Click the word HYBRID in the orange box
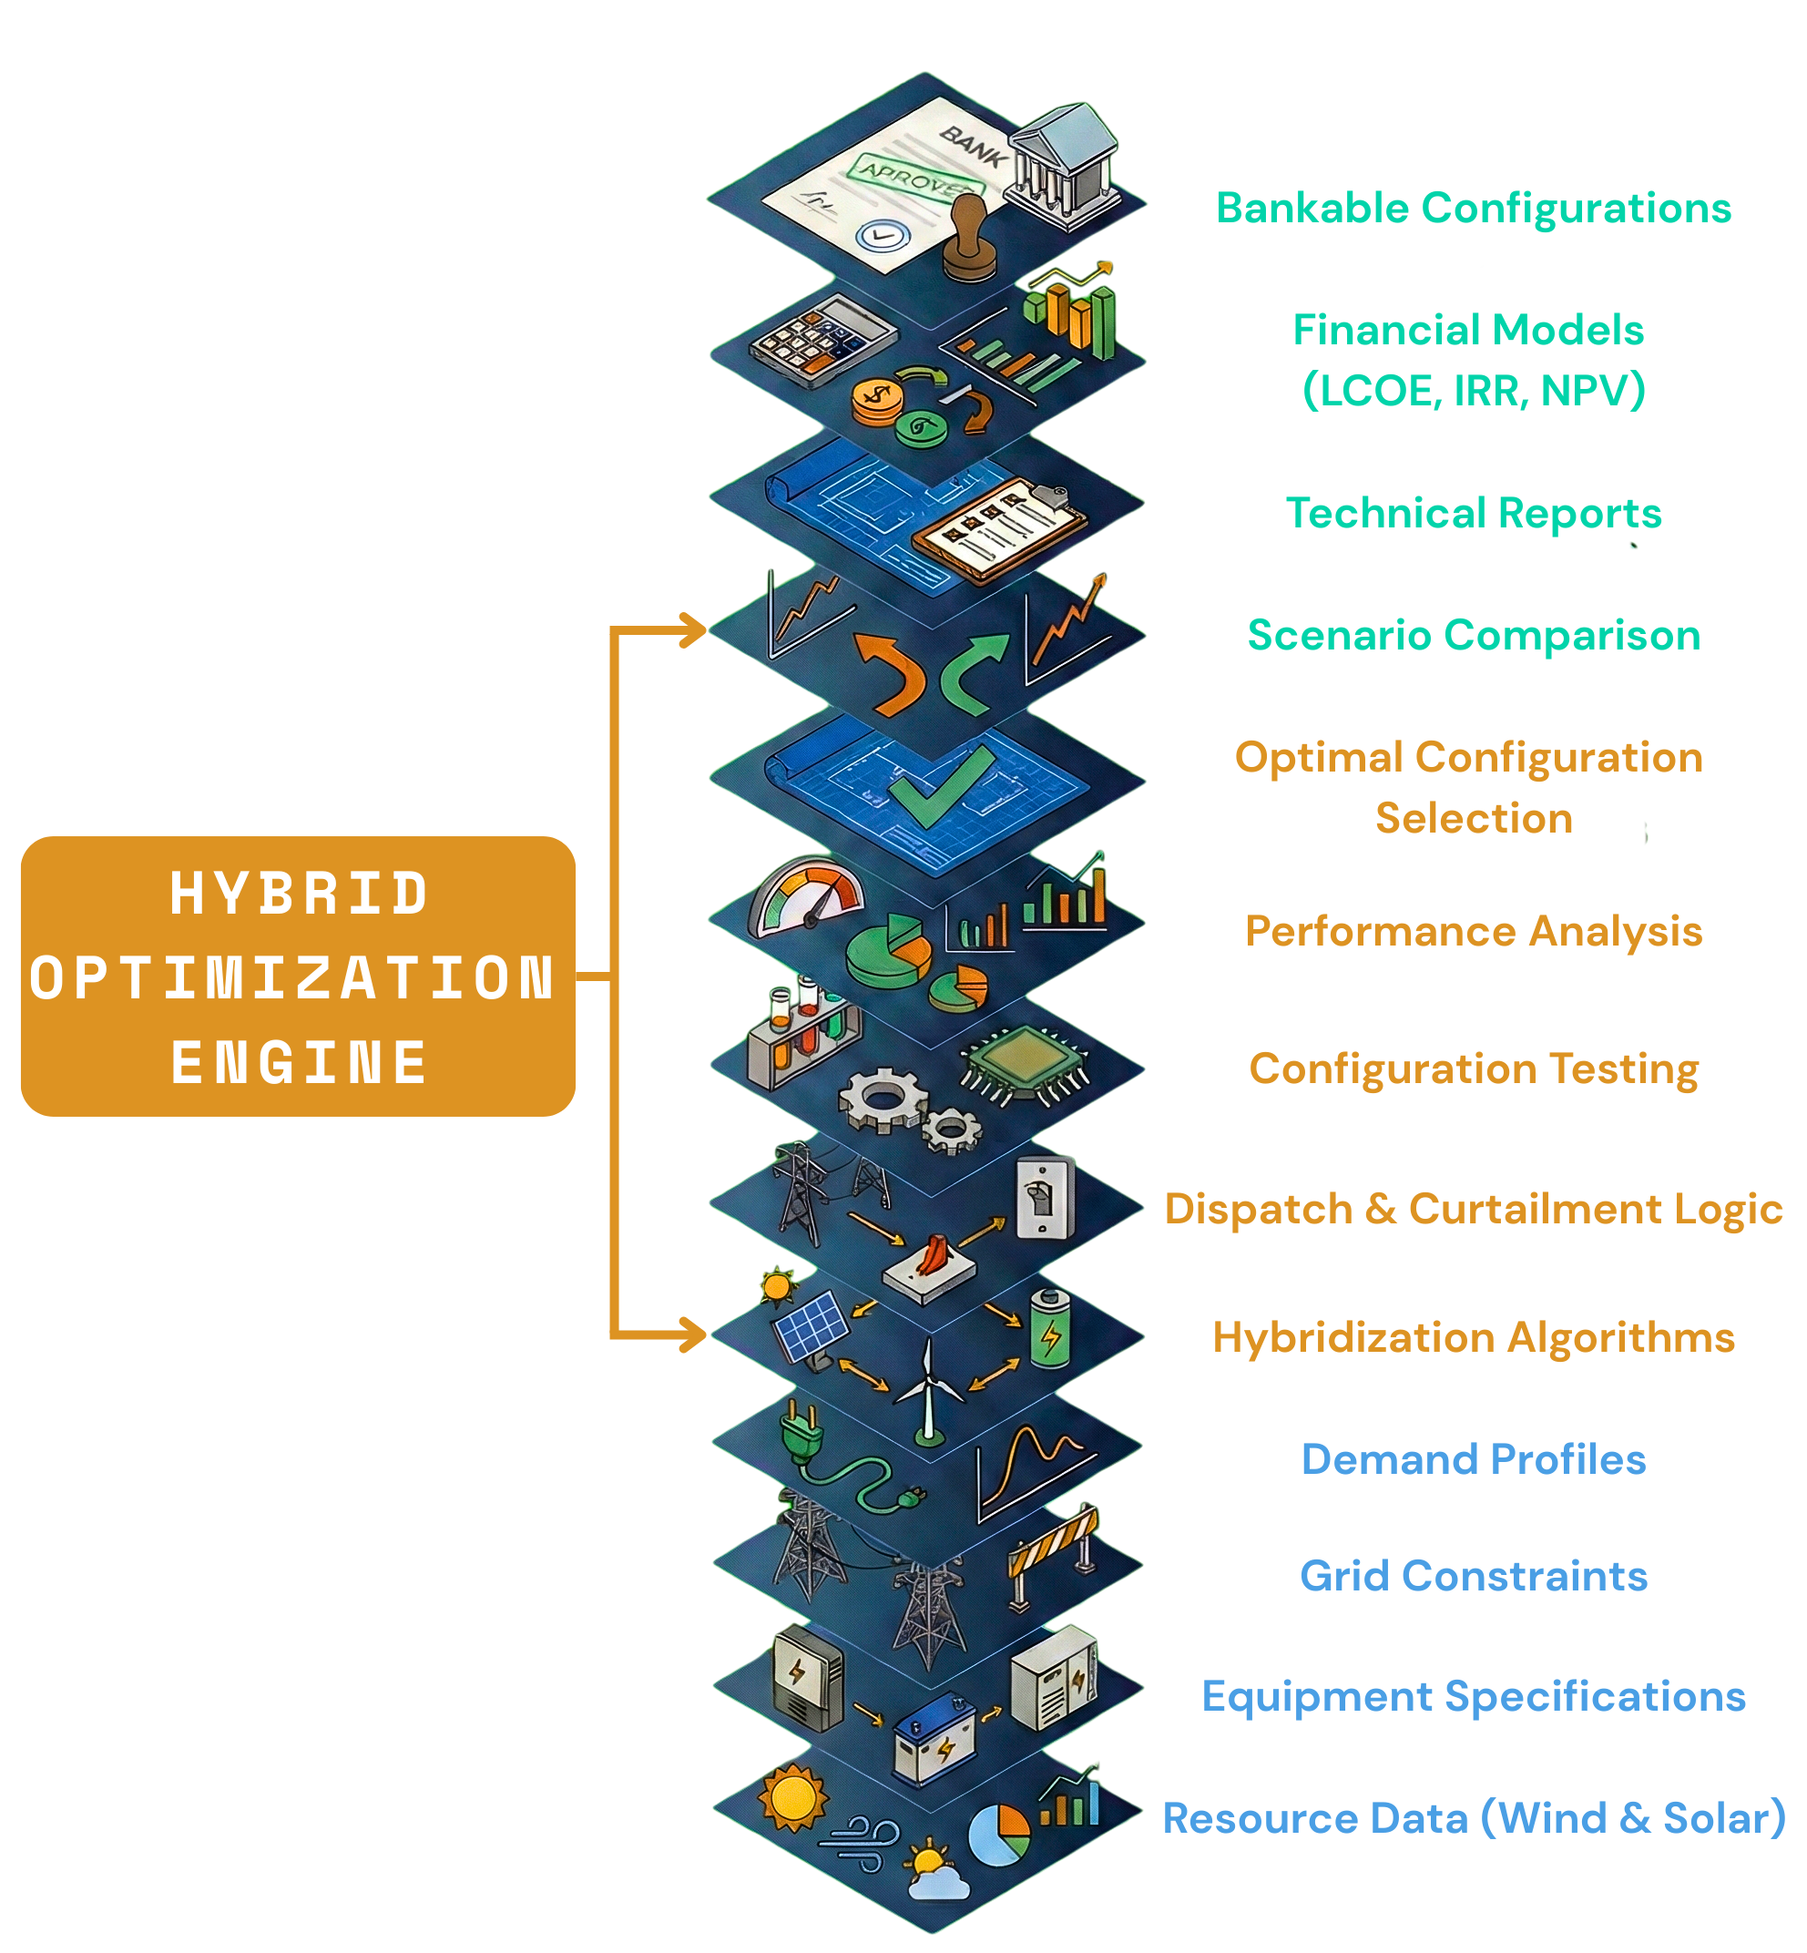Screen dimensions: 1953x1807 point(298,893)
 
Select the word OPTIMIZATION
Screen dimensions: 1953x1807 point(292,977)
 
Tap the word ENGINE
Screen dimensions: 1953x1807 point(298,1062)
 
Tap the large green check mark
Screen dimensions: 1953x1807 point(939,788)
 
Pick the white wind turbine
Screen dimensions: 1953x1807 point(925,1390)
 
